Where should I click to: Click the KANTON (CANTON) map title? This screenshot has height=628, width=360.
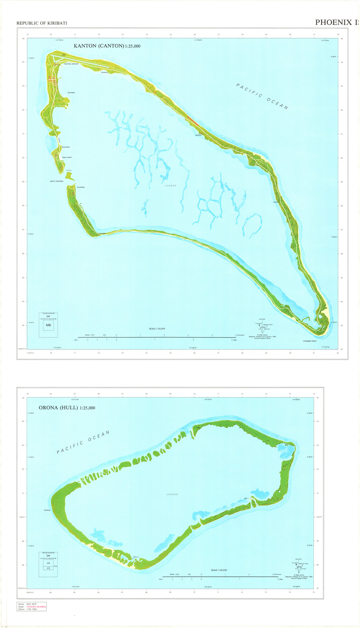click(107, 46)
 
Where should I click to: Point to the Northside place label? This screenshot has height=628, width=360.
click(71, 93)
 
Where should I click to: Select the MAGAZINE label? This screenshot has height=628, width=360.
click(66, 147)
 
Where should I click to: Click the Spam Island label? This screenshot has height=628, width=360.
click(67, 157)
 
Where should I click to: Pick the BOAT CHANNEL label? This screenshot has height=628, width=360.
click(57, 181)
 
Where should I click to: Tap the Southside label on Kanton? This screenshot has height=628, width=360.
click(81, 187)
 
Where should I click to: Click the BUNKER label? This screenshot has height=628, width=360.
click(198, 135)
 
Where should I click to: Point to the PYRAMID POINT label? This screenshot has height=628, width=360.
click(310, 341)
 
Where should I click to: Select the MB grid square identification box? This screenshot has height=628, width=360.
click(48, 325)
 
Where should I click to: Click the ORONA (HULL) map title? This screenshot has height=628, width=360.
click(67, 408)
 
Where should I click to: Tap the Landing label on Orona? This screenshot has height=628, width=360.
click(47, 510)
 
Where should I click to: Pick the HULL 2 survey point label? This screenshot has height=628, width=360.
click(136, 557)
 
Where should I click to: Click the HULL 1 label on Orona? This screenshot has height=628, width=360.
click(246, 498)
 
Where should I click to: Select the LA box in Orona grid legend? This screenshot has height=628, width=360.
click(48, 563)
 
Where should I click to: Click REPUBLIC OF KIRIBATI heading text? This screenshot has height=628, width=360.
click(42, 23)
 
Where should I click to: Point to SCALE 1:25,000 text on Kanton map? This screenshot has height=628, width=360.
click(157, 329)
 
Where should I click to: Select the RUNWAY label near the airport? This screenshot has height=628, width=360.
click(104, 73)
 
